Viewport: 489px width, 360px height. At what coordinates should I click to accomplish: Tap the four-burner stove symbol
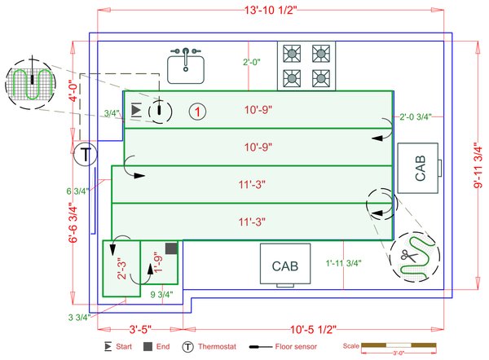pyautogui.click(x=306, y=65)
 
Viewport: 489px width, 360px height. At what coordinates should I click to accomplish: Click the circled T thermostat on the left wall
pyautogui.click(x=85, y=154)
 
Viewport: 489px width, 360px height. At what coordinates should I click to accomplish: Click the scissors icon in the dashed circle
pyautogui.click(x=407, y=255)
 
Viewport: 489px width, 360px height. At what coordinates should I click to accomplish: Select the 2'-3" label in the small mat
pyautogui.click(x=122, y=269)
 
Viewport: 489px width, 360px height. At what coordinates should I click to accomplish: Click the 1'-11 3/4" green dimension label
pyautogui.click(x=344, y=263)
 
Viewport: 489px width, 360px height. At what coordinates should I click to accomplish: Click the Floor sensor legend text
pyautogui.click(x=297, y=347)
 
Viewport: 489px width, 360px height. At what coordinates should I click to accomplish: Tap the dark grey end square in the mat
pyautogui.click(x=171, y=248)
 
